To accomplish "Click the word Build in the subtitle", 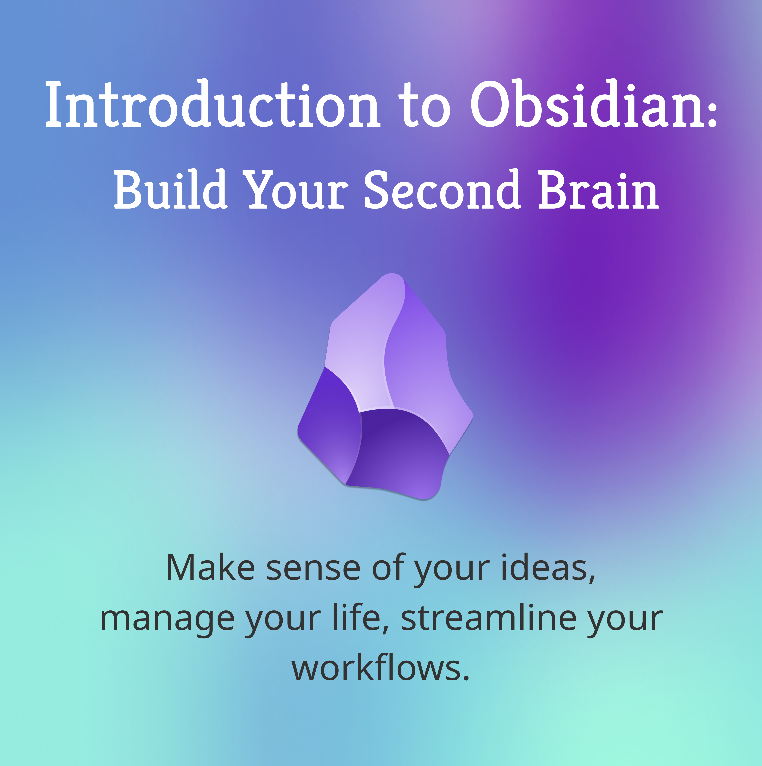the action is pos(170,189).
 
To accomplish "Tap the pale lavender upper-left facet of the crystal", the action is pos(361,349).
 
